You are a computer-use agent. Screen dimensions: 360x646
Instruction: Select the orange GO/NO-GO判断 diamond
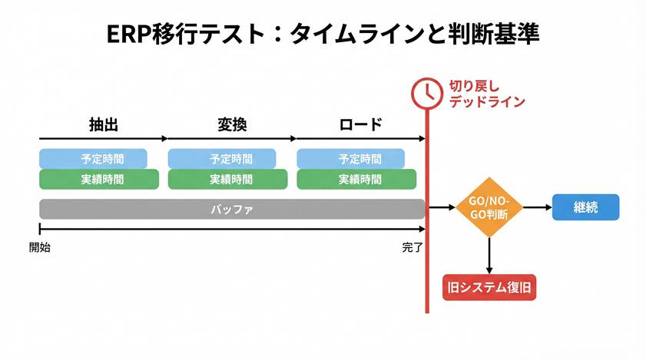click(489, 208)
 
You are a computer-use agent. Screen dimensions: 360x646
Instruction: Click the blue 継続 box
click(585, 207)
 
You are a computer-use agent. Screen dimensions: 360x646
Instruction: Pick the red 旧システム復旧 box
click(489, 289)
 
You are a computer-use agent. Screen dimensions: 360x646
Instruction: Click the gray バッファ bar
click(232, 209)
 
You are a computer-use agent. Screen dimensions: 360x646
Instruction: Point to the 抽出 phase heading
click(103, 124)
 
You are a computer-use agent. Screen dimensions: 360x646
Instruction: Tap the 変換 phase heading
click(231, 124)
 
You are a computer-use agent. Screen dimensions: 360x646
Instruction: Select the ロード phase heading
click(359, 124)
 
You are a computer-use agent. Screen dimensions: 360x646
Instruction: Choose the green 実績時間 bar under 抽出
click(99, 180)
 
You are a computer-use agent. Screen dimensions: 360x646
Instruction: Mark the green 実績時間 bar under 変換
click(228, 180)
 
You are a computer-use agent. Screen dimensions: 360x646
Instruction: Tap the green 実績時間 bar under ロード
click(357, 180)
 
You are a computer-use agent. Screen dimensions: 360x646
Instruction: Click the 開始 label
click(40, 247)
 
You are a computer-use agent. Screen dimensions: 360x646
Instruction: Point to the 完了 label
click(412, 247)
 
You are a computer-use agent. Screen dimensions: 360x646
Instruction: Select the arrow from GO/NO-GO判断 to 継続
click(537, 207)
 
